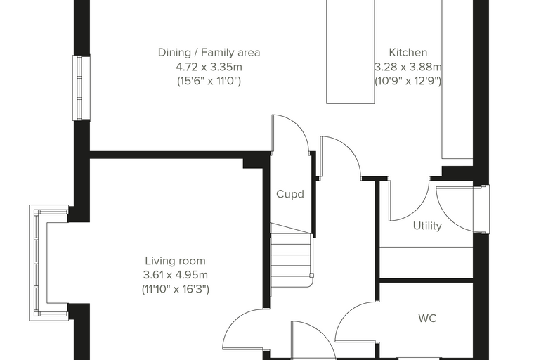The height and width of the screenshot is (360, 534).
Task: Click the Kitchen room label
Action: click(408, 53)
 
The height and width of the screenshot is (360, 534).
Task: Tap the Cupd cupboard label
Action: click(289, 194)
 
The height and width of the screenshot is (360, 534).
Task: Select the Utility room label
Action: click(427, 226)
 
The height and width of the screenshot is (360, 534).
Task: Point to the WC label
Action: click(427, 318)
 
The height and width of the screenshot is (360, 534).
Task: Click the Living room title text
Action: click(175, 261)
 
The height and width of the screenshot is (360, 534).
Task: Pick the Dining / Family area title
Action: click(209, 53)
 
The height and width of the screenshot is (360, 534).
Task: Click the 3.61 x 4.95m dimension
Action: click(176, 275)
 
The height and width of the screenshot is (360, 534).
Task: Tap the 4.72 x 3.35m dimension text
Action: click(209, 67)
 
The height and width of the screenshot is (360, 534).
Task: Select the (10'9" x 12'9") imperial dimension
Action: click(408, 81)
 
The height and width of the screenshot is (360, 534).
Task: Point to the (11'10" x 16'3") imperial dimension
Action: click(176, 289)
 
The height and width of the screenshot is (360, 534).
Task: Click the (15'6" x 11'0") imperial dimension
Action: click(209, 81)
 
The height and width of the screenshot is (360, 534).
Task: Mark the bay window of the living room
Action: click(48, 263)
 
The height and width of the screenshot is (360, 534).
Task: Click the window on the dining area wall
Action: click(81, 88)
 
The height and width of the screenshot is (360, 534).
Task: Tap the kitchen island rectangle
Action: click(351, 51)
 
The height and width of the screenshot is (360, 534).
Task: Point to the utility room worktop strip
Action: click(426, 262)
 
